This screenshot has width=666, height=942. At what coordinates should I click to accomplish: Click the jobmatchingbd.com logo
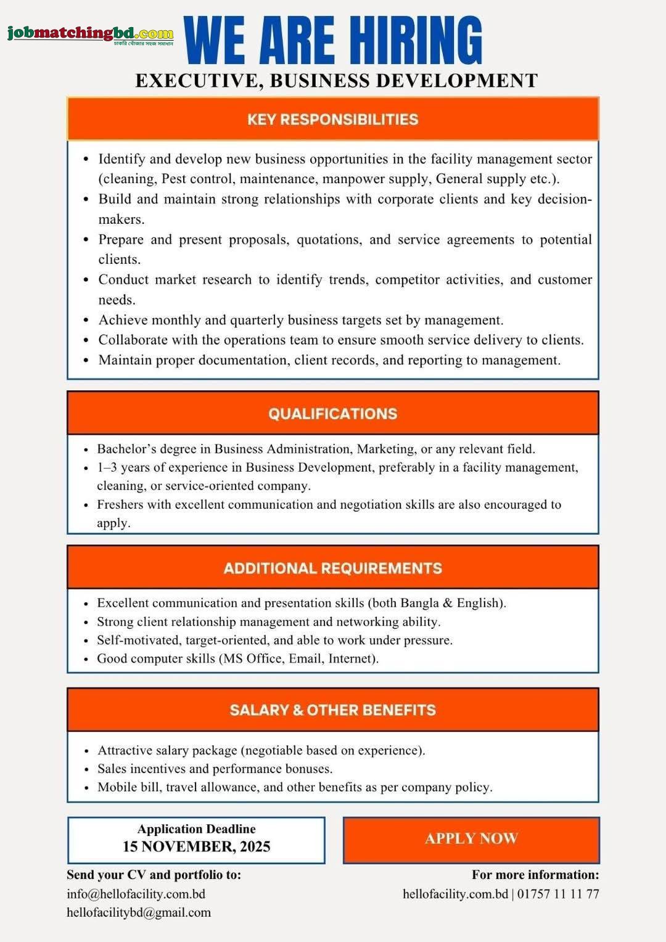[90, 35]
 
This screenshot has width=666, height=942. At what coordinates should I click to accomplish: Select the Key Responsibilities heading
[332, 120]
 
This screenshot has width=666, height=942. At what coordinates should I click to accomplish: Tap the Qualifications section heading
[332, 414]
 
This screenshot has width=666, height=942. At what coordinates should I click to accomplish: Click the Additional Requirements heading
[332, 568]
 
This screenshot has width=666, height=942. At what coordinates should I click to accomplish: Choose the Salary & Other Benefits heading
[332, 710]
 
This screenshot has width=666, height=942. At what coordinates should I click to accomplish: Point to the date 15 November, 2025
[196, 846]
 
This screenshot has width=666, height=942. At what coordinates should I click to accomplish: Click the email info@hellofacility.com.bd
[136, 894]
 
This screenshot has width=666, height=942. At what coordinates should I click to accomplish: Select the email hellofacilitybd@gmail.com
[139, 912]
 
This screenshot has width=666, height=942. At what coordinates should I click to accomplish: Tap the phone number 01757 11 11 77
[558, 894]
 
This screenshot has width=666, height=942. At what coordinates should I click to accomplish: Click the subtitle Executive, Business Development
[336, 81]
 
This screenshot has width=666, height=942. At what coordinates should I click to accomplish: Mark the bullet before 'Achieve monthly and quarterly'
[86, 321]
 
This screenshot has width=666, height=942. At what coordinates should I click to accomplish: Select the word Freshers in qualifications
[120, 504]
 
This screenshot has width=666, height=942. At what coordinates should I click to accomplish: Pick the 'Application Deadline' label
[196, 829]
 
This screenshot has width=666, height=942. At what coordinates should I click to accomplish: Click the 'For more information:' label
[535, 875]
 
